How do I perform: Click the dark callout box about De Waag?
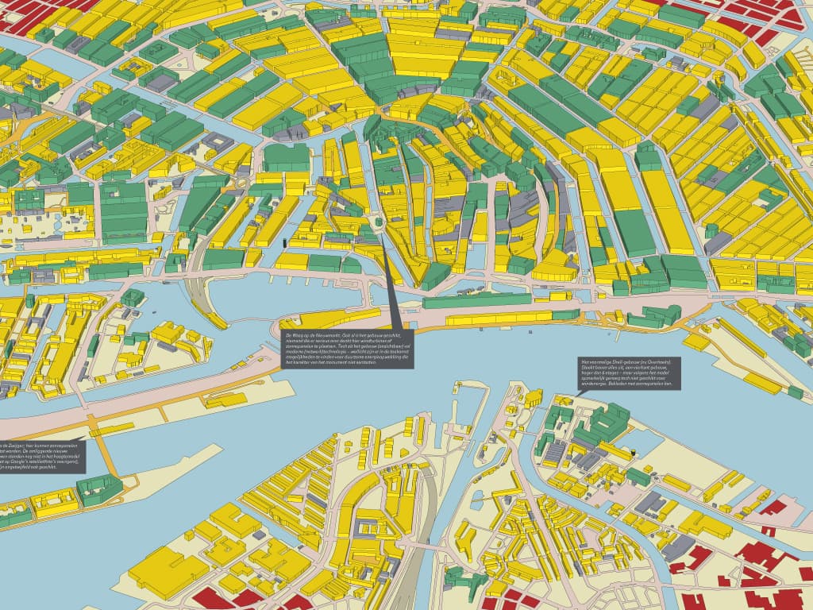[348, 349]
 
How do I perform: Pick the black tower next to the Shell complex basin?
[634, 454]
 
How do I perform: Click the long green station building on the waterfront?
[476, 301]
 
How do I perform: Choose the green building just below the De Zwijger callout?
[99, 488]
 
